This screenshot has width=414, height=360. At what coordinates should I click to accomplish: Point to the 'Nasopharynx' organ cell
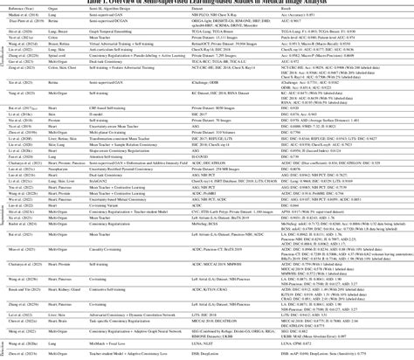[x=57, y=168]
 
